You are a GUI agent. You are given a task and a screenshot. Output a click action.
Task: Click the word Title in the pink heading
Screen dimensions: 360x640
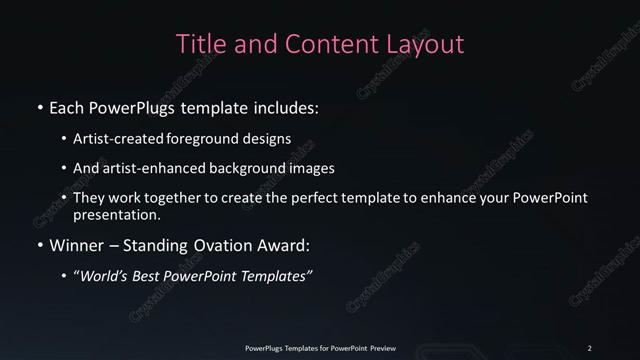(x=199, y=45)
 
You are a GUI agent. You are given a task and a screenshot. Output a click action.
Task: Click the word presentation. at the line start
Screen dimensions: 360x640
(x=116, y=214)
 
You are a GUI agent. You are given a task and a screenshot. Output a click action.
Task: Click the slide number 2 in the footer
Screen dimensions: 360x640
(x=590, y=347)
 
